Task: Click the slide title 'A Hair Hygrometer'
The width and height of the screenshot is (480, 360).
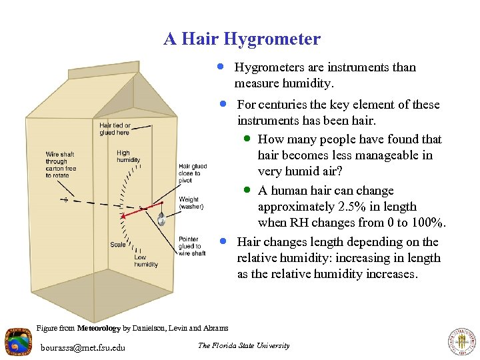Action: point(242,39)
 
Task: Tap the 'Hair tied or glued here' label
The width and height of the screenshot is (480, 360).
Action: point(115,129)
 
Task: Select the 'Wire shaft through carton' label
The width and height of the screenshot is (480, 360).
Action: point(61,165)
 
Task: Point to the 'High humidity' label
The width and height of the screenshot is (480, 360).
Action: point(128,157)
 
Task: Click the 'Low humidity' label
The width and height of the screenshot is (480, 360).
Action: point(145,261)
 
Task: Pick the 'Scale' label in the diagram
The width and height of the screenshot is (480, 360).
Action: point(118,245)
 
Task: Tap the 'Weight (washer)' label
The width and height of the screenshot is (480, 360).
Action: point(191,203)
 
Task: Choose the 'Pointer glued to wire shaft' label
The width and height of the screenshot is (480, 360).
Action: point(192,246)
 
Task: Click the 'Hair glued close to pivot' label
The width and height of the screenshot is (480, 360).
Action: point(193,173)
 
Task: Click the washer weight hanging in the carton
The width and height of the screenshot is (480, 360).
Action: point(161,219)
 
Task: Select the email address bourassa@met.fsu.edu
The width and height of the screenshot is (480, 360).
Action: point(83,347)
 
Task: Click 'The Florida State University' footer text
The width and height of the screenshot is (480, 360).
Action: point(244,345)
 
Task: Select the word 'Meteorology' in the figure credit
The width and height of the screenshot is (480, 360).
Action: point(99,328)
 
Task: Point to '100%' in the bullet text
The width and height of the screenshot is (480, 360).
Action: point(427,223)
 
